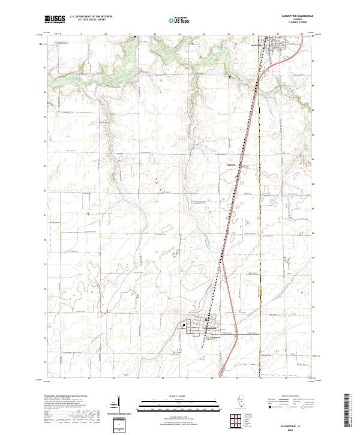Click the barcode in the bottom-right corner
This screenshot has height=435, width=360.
tap(349, 411)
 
